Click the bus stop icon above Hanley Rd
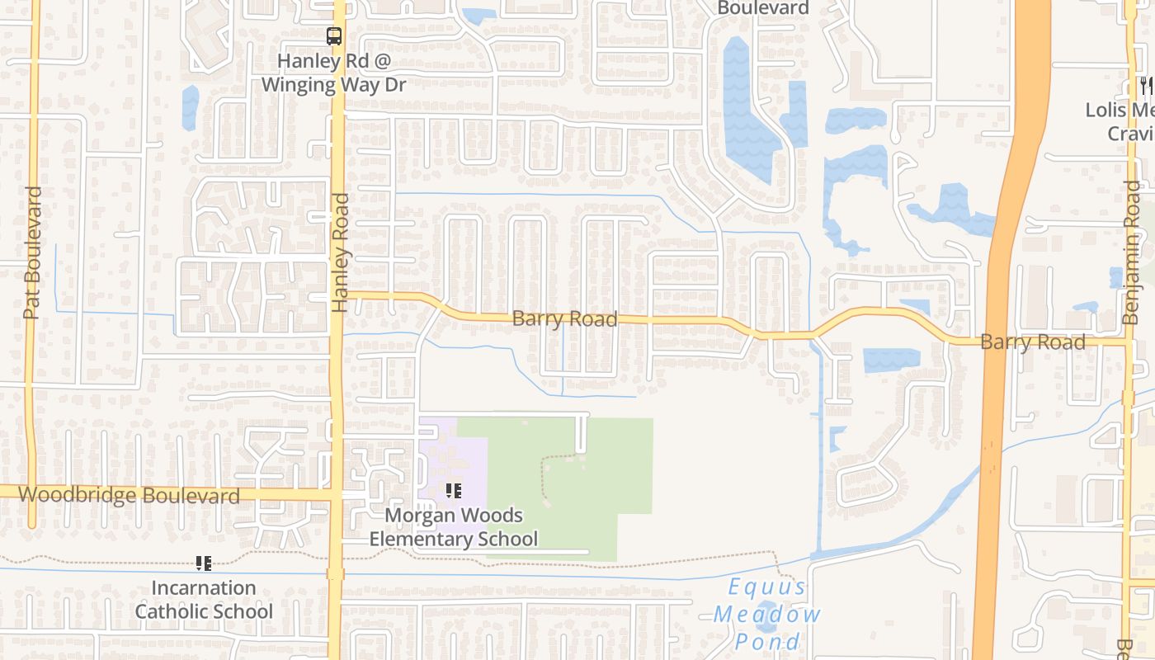[x=334, y=36]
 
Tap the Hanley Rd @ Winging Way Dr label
[x=334, y=73]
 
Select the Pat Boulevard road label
[x=32, y=252]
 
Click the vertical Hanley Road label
[x=341, y=252]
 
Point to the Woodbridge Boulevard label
[x=129, y=495]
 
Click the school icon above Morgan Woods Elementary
[x=453, y=492]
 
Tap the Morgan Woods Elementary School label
[x=454, y=527]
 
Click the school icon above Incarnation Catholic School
[x=204, y=564]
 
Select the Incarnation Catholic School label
[x=204, y=600]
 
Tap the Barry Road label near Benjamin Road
[x=1032, y=342]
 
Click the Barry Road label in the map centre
[x=564, y=318]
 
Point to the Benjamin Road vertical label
[x=1130, y=252]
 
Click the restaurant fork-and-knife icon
[x=1146, y=85]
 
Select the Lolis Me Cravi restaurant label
[x=1120, y=121]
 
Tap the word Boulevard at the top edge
[x=763, y=8]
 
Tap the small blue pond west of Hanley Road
[x=191, y=107]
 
